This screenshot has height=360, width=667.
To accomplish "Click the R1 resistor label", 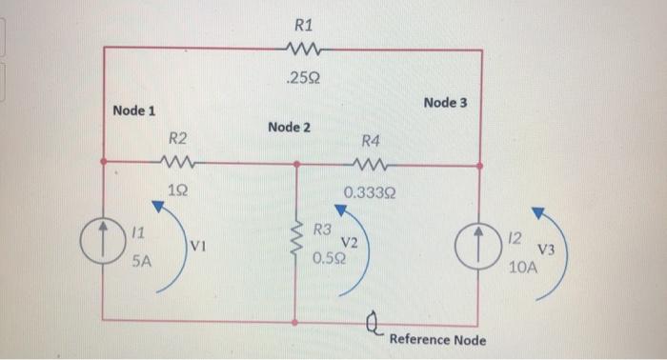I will click(304, 16).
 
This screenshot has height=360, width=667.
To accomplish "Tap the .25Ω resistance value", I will click(304, 78).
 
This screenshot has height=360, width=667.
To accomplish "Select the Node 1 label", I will click(133, 110).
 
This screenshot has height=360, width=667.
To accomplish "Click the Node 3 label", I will click(445, 101).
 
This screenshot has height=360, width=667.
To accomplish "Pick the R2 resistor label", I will click(177, 140).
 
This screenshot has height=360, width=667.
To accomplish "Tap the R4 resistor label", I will click(371, 140).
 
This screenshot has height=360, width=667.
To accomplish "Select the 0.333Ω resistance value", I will click(371, 192).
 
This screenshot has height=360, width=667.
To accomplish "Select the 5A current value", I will click(141, 263).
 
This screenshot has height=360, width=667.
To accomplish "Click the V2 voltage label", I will click(350, 243).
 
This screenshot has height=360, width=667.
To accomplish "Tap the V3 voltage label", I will click(547, 250).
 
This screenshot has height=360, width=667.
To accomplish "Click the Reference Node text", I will click(437, 340).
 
